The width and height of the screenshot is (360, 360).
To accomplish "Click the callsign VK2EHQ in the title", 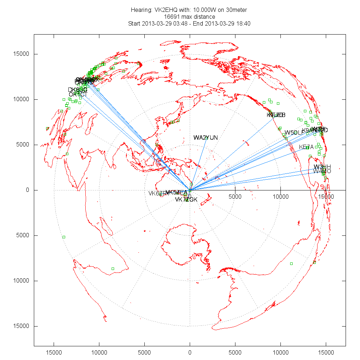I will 162,10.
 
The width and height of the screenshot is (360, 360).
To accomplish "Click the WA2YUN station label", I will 206,138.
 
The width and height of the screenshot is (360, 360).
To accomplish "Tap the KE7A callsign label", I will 306,147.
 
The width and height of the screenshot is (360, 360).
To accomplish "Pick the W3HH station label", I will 322,167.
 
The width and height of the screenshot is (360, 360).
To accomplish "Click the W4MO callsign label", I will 322,171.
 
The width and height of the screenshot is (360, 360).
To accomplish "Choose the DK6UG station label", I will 78,90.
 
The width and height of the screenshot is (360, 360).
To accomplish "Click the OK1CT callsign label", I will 78,94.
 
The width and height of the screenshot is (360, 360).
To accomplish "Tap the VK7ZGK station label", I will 186,199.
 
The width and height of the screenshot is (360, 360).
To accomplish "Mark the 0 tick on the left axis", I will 27,190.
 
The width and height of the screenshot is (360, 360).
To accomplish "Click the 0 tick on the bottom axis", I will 190,351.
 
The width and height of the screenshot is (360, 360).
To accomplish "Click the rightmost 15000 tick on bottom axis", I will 326,351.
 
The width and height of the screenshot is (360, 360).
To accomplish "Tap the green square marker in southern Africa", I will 113,269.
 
